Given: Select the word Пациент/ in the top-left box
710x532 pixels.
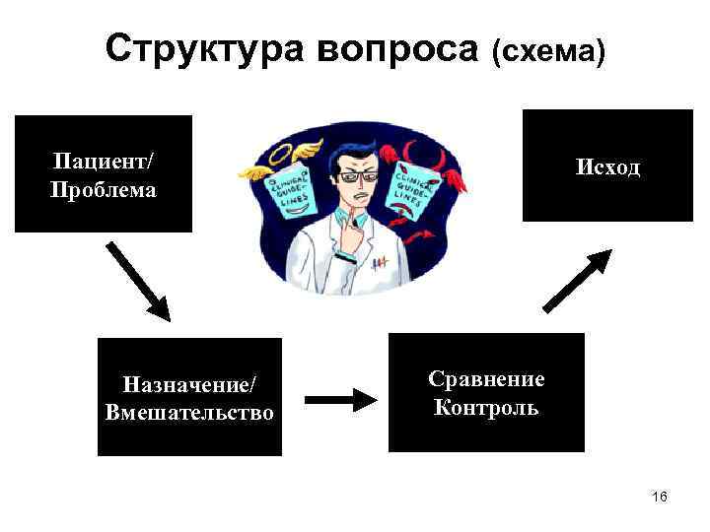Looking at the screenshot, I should click(x=103, y=161).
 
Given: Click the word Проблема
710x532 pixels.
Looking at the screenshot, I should click(x=103, y=188).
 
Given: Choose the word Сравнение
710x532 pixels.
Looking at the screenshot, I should click(x=486, y=379).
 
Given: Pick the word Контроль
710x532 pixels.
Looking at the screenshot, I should click(x=486, y=407).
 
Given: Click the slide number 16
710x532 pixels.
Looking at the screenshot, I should click(x=660, y=497).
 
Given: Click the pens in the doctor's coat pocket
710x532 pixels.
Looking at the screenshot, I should click(x=380, y=263).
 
